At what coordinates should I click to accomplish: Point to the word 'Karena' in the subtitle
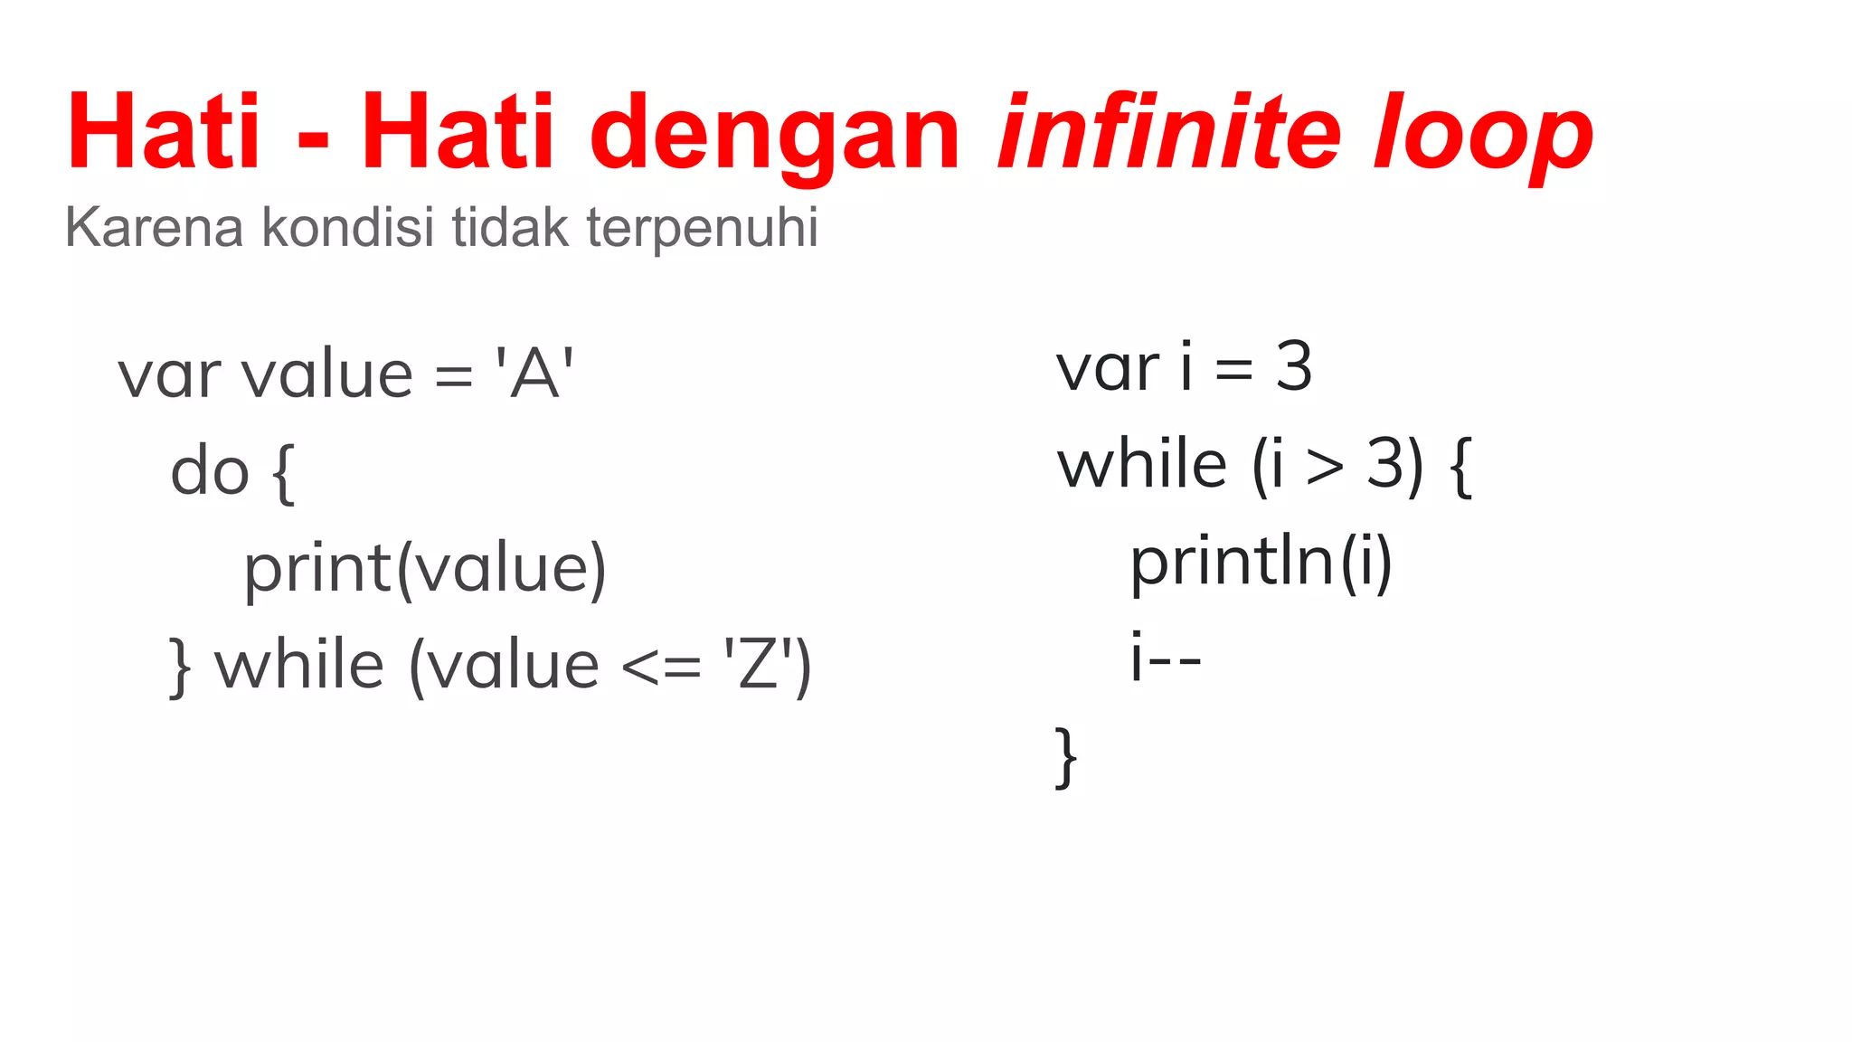[154, 227]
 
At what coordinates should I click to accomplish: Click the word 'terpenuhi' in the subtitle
[702, 227]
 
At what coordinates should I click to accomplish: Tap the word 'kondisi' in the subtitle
[348, 227]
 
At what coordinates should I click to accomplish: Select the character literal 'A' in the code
[534, 374]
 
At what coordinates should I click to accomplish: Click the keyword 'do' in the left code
[210, 472]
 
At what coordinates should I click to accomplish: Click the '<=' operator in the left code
[661, 668]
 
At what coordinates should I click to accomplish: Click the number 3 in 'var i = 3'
[1293, 367]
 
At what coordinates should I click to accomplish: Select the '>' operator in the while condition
[1325, 467]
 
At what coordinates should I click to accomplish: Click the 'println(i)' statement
[1261, 563]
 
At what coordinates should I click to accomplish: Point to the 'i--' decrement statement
[1166, 658]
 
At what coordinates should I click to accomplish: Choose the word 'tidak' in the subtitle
[510, 227]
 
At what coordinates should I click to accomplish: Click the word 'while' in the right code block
[1142, 465]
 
